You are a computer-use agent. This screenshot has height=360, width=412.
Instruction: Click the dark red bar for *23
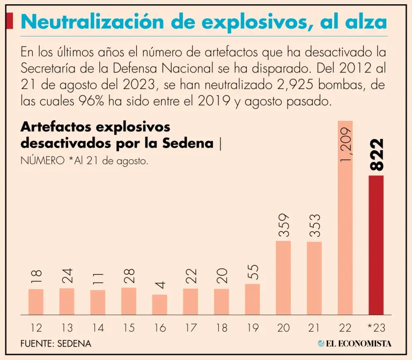[x=376, y=245]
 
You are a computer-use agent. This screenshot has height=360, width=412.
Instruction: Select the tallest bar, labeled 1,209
[x=345, y=217]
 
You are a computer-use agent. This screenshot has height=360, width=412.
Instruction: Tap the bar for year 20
[x=283, y=277]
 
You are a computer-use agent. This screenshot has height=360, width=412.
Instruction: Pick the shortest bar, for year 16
[x=159, y=304]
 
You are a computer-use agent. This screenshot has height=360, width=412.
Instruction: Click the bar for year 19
[x=252, y=299]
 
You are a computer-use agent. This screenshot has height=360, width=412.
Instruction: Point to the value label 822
[x=377, y=155]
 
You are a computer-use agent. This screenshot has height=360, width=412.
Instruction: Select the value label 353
[x=314, y=225]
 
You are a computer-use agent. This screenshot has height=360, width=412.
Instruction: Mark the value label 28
[x=129, y=276]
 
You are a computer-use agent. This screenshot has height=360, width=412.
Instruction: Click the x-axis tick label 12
[x=35, y=327]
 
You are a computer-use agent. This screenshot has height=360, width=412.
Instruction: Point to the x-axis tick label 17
[x=190, y=327]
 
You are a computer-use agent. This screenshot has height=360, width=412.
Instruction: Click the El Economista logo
[x=354, y=343]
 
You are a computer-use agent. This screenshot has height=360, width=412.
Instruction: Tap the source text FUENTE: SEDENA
[x=56, y=343]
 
